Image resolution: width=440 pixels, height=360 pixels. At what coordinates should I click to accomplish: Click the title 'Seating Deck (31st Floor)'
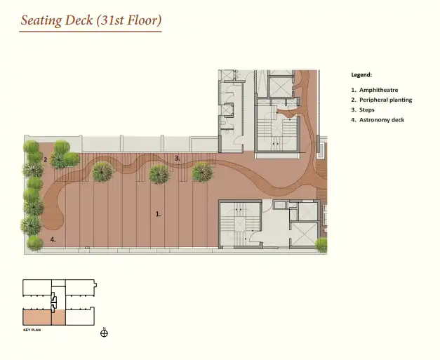(x=91, y=20)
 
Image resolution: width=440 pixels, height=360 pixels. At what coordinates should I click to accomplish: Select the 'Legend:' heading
(x=361, y=75)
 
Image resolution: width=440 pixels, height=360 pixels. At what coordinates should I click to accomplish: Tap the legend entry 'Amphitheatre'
(x=378, y=90)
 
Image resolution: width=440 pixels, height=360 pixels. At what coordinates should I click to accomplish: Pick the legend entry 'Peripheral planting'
(x=385, y=100)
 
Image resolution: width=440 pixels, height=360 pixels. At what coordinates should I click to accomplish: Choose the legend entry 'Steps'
(x=367, y=110)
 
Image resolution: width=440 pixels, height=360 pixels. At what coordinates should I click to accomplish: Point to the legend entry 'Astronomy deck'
(x=382, y=120)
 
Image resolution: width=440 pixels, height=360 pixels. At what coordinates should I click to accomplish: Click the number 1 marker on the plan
(x=159, y=214)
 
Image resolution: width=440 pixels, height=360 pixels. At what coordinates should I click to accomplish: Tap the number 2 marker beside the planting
(x=46, y=160)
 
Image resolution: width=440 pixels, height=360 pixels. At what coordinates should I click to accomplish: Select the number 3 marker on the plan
(x=177, y=159)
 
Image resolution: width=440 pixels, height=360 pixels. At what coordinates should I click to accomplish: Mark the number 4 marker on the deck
(x=53, y=239)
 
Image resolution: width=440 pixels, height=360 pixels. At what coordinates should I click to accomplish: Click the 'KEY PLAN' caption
(x=32, y=330)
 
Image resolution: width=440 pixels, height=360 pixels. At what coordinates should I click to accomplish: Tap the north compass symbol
(x=104, y=333)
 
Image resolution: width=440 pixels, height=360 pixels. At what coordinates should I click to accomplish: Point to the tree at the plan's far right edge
(x=321, y=245)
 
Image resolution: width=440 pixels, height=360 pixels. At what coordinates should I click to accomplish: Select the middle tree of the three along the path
(x=159, y=175)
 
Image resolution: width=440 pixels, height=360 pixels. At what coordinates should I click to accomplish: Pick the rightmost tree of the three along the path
(x=203, y=172)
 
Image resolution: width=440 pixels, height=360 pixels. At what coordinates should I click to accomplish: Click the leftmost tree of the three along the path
(x=102, y=172)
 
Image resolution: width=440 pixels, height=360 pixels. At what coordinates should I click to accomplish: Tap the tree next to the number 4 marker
(x=35, y=244)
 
